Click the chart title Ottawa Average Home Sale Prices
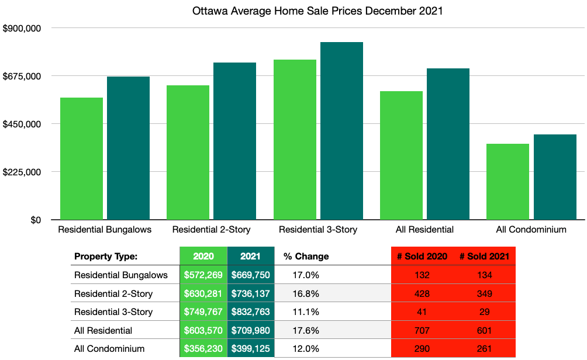(x=317, y=11)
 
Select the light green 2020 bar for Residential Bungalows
(x=82, y=158)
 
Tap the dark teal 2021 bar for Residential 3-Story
(x=341, y=131)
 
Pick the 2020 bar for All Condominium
(x=507, y=182)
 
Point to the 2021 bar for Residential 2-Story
(x=234, y=141)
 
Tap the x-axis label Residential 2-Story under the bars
(x=211, y=230)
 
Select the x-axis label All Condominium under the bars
(x=531, y=230)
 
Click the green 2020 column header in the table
(x=202, y=256)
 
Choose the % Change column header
(x=306, y=256)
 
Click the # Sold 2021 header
(x=484, y=256)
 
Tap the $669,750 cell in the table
(x=250, y=275)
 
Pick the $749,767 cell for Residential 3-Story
(x=202, y=312)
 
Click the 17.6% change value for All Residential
(x=302, y=330)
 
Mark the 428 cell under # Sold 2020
(x=422, y=293)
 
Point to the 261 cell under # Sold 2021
(x=484, y=349)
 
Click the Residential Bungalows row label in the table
(x=121, y=275)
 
